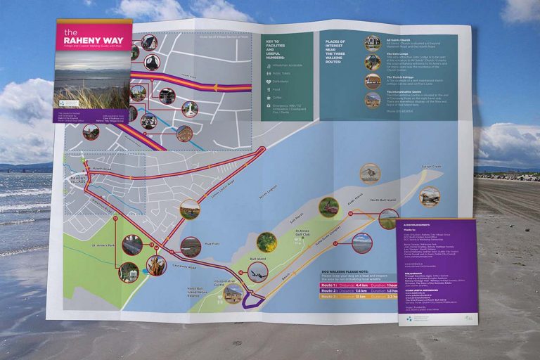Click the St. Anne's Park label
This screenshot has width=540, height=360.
click(x=103, y=247)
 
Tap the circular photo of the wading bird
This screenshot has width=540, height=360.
click(x=368, y=172)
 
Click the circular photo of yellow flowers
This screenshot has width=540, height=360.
click(x=266, y=242)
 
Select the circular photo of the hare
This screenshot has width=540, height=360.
click(x=328, y=206)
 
